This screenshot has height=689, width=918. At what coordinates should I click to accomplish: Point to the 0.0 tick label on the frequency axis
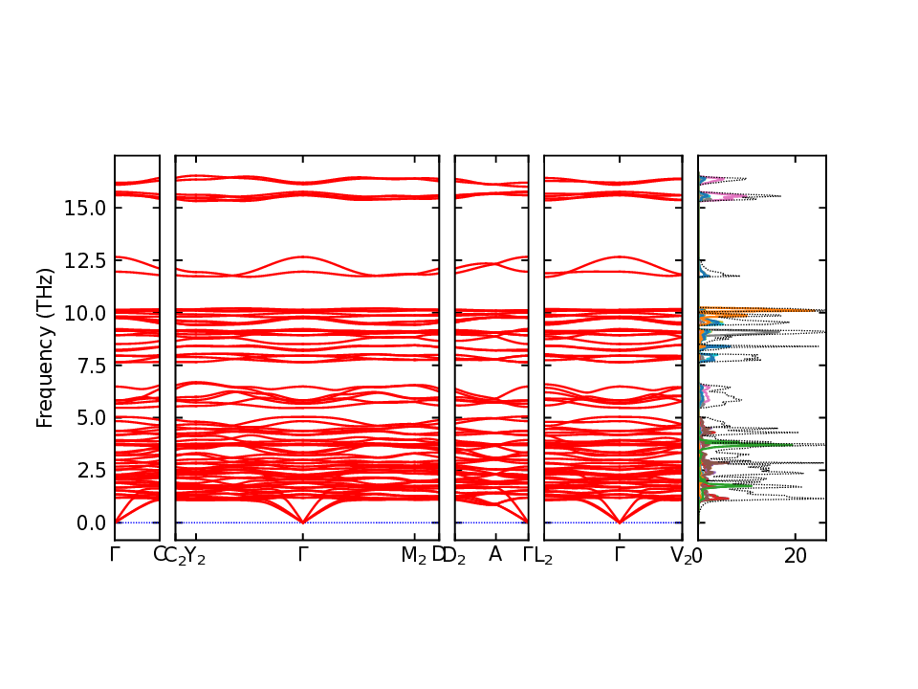pos(89,523)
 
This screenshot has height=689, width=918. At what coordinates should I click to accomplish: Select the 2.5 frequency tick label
pos(89,471)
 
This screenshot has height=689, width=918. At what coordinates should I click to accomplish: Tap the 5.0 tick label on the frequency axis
pos(89,418)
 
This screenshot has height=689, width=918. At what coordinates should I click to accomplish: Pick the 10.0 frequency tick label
pos(84,313)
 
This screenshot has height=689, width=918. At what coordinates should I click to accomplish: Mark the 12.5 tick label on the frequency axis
pos(84,260)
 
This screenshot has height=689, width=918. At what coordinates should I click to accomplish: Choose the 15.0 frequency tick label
pos(84,208)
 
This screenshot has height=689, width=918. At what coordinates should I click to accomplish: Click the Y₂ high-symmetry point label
pos(194,556)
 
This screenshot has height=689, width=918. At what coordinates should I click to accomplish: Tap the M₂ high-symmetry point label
pos(413,556)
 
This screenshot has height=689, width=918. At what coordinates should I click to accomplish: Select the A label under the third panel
pos(495,555)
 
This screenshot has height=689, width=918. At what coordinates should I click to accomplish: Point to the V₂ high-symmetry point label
pos(681,556)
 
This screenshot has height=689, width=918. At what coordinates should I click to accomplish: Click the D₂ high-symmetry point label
pos(453,556)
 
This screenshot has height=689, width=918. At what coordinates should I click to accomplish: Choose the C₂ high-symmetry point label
pos(173,556)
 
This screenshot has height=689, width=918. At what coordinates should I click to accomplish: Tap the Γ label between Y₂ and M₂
pos(303,555)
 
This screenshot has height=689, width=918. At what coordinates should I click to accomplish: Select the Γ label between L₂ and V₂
pos(620,555)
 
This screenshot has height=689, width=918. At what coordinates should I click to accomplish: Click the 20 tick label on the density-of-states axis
pos(795,556)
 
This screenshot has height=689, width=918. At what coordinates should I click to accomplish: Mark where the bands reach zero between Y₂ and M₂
pos(303,522)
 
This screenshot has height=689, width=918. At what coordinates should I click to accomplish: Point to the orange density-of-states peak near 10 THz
pos(755,310)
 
